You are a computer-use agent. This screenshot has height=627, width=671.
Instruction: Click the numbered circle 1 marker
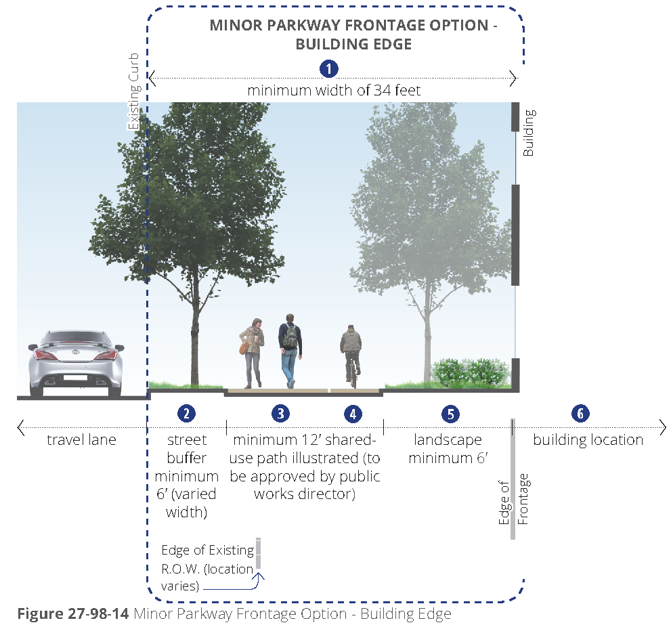click(328, 68)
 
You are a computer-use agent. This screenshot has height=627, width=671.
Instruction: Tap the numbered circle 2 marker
click(186, 413)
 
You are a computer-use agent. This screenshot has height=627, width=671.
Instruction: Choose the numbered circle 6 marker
click(580, 413)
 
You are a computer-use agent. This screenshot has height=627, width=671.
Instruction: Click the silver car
click(76, 362)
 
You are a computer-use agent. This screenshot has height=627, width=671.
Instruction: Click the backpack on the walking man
click(290, 337)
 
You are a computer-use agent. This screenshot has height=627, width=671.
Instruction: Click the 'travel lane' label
click(81, 440)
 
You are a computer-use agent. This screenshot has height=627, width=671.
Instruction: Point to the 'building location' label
click(588, 440)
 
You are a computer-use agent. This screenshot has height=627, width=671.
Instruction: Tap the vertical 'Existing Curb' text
click(134, 91)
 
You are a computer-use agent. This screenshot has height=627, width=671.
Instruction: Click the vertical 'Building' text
click(529, 133)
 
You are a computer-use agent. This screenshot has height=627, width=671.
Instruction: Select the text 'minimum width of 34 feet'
click(334, 90)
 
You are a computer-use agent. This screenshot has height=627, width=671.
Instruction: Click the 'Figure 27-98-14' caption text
click(74, 614)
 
